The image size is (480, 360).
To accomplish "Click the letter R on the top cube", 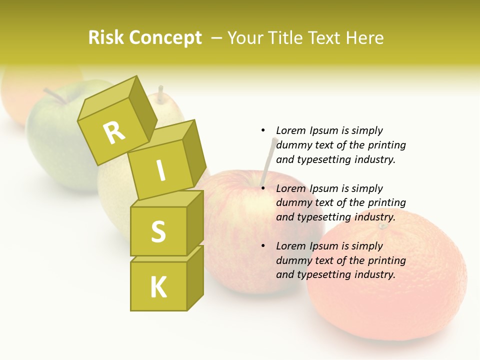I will pos(114,132).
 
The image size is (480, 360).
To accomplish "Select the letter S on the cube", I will pos(158,231).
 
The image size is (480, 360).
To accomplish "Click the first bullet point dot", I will pos(263,130).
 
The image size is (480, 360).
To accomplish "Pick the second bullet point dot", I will pos(263,188).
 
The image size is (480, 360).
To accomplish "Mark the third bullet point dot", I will pos(263,246).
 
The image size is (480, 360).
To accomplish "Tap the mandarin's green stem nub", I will pos(382,226).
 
